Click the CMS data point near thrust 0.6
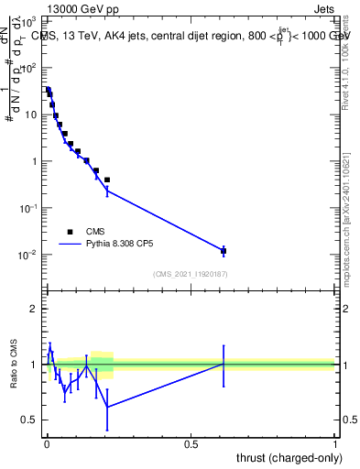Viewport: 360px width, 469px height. click(224, 250)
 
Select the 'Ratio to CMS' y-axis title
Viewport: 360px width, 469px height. click(16, 364)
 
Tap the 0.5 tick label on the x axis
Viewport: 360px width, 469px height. click(191, 443)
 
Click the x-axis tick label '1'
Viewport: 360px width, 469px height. click(335, 443)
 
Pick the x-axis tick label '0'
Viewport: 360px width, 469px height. click(46, 443)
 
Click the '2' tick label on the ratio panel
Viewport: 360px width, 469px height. click(34, 309)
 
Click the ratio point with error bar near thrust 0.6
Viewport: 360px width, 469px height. click(224, 364)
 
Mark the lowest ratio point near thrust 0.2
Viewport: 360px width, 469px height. click(107, 407)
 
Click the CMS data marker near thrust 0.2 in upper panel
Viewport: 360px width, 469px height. click(107, 180)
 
